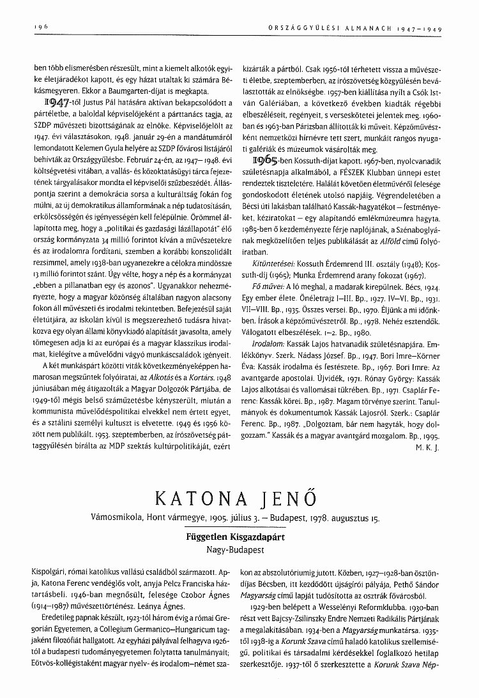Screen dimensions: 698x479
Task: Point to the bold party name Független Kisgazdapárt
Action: pyautogui.click(x=240, y=537)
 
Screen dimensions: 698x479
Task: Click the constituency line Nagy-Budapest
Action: pyautogui.click(x=240, y=548)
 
